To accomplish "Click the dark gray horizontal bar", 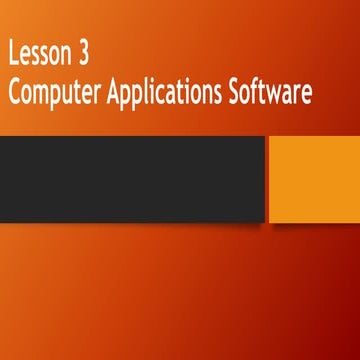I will point(132,178).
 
